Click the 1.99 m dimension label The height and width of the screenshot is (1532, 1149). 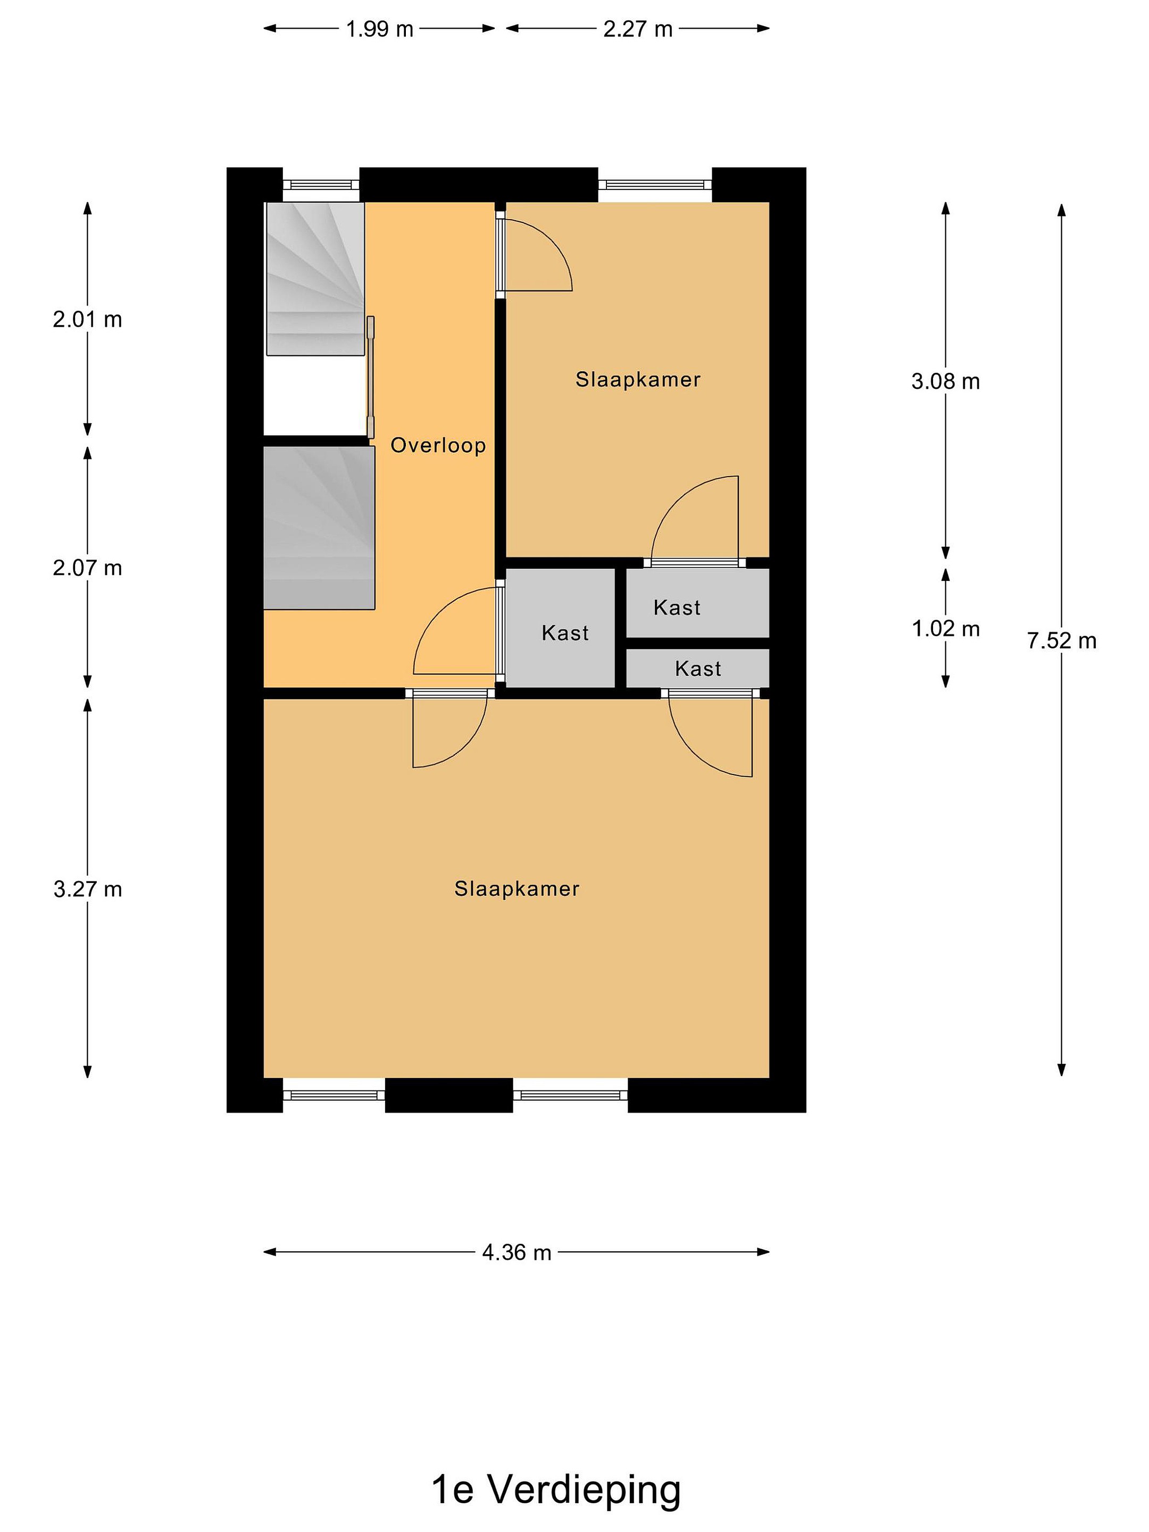point(379,29)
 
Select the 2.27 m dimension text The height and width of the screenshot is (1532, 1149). point(637,29)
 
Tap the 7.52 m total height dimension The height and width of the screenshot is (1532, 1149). point(1061,640)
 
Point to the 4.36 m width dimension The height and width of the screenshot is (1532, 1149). point(517,1252)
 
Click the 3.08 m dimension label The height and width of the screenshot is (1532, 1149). point(945,381)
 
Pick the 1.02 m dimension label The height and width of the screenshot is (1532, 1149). point(945,628)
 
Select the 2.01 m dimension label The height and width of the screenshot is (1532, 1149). point(87,319)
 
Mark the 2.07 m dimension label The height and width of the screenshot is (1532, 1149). point(87,568)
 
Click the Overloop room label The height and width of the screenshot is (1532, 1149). point(438,445)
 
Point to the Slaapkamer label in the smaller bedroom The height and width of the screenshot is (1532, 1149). point(638,379)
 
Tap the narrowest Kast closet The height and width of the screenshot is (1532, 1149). point(698,668)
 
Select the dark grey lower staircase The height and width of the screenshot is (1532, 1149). point(319,528)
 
